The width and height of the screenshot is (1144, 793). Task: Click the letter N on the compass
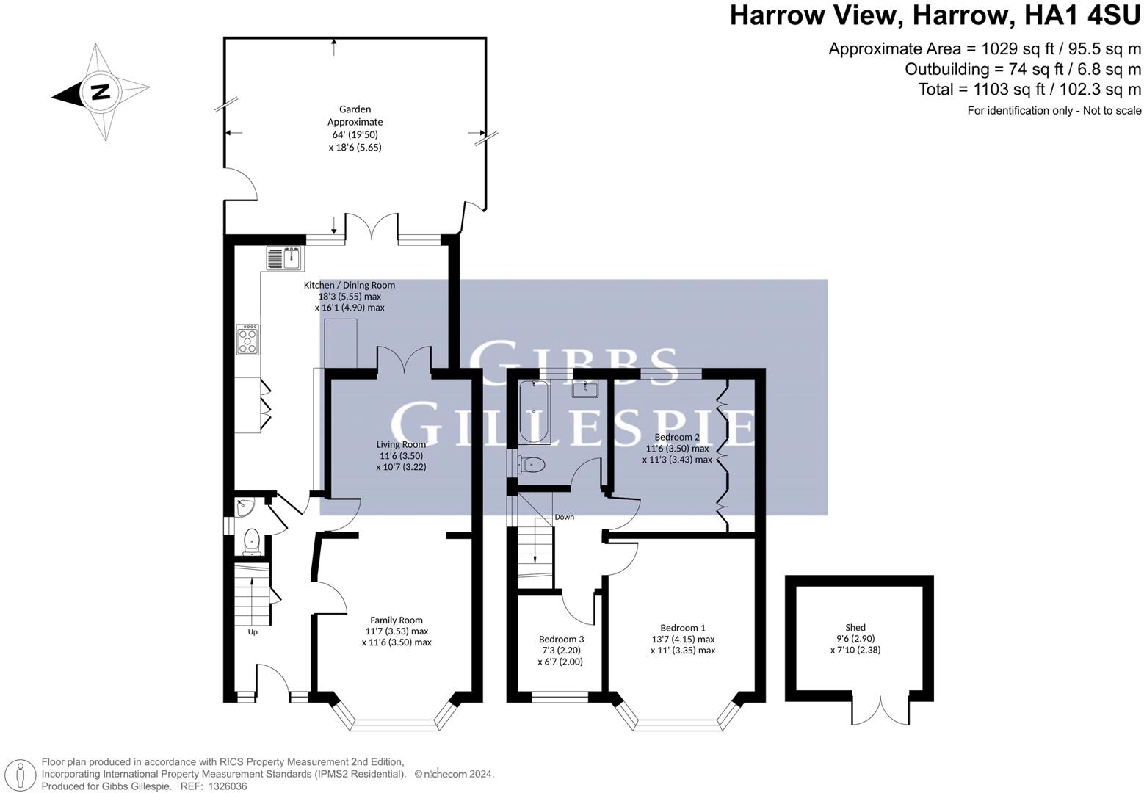click(x=101, y=93)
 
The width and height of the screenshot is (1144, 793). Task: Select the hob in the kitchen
click(x=248, y=340)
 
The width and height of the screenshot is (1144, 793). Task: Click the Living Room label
click(x=401, y=444)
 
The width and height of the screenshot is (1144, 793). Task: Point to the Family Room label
click(x=396, y=620)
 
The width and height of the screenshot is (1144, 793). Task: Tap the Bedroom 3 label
click(x=561, y=640)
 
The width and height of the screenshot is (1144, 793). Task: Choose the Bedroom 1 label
click(x=682, y=628)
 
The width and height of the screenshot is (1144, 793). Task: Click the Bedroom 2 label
click(x=677, y=437)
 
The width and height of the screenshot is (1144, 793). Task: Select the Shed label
click(x=855, y=628)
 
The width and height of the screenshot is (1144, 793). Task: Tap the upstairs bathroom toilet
click(x=532, y=465)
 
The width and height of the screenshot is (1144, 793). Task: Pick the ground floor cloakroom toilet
click(x=251, y=541)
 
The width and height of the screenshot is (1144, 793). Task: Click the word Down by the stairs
click(x=564, y=517)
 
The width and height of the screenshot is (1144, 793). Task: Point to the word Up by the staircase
click(x=253, y=631)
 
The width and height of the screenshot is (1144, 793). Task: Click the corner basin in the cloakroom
click(x=243, y=507)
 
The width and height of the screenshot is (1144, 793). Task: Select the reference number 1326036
click(x=227, y=786)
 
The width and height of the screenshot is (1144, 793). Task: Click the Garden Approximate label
click(x=355, y=116)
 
